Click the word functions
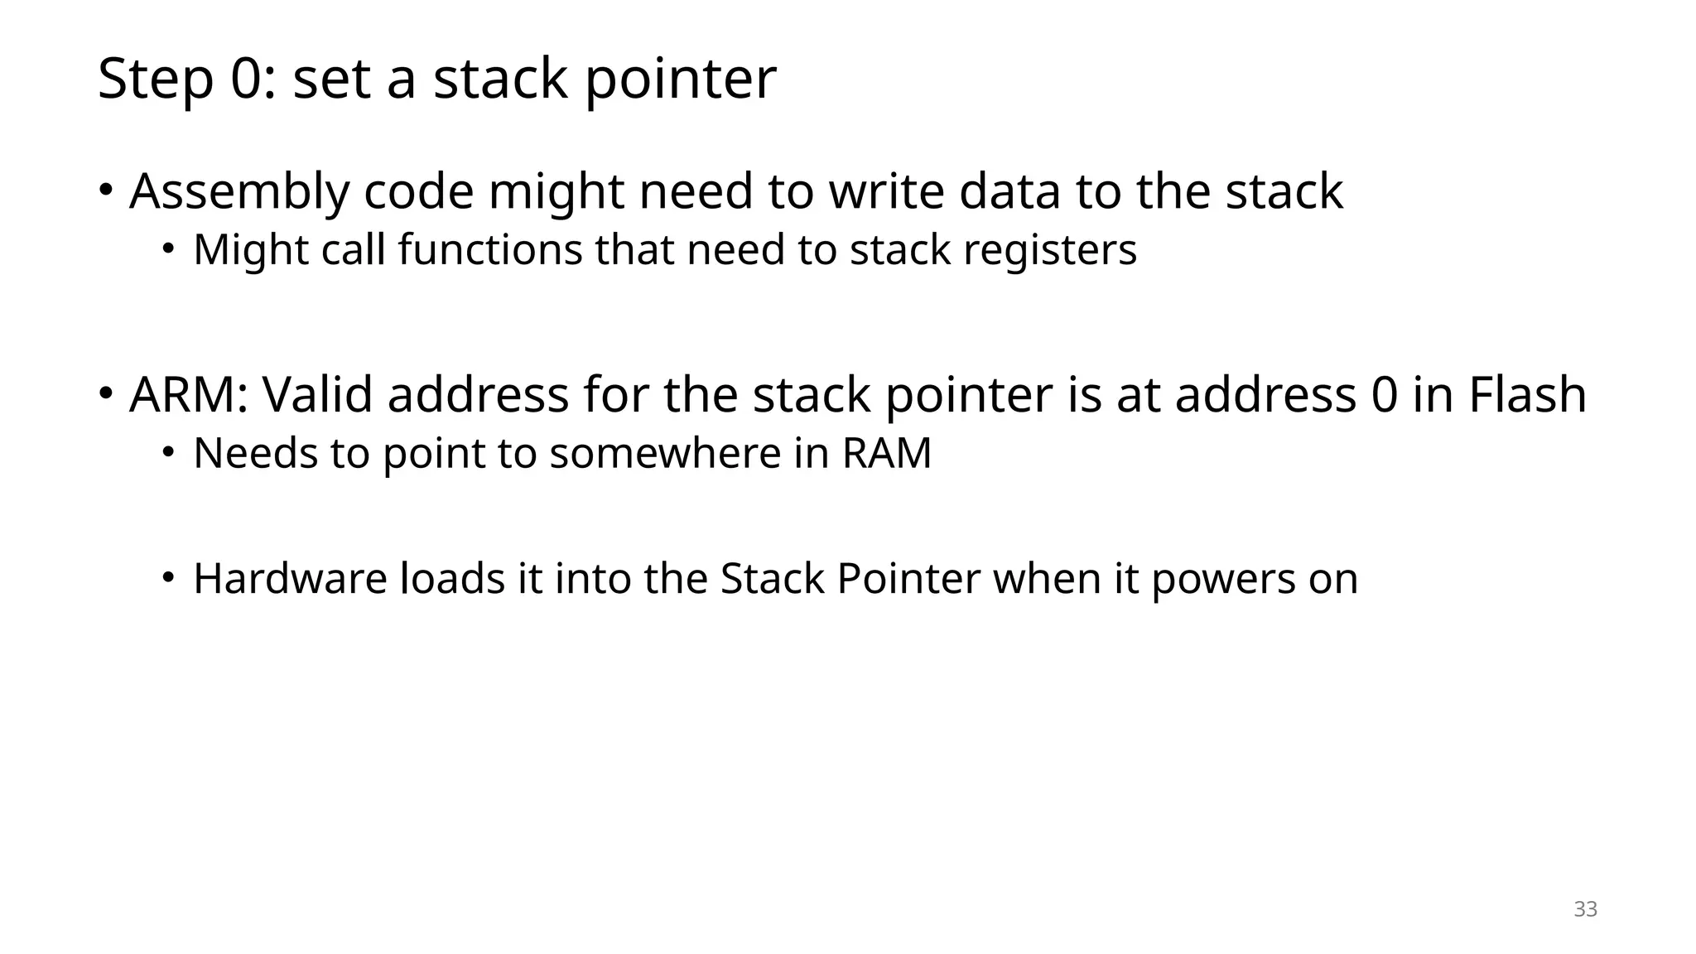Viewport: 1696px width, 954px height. click(x=490, y=250)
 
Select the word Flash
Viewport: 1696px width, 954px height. click(x=1527, y=395)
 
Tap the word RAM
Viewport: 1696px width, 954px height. click(x=887, y=454)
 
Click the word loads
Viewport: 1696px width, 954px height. click(x=452, y=579)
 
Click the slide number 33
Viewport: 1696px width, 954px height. click(x=1585, y=909)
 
